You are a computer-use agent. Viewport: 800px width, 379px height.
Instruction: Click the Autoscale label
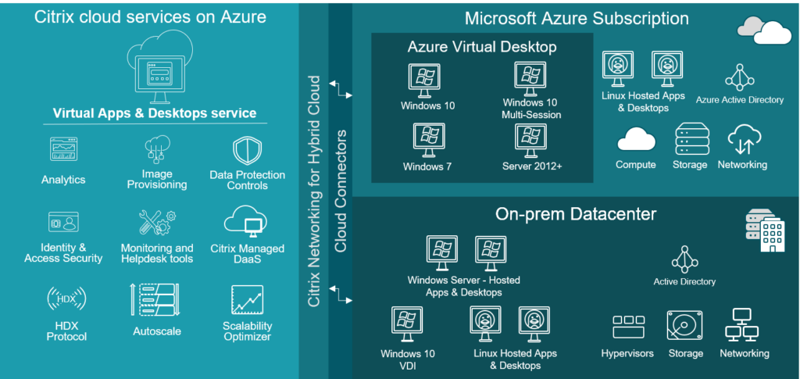coord(156,331)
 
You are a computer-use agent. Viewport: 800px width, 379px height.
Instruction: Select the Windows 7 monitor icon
coord(428,138)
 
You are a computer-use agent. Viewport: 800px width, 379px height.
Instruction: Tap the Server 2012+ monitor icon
coord(531,138)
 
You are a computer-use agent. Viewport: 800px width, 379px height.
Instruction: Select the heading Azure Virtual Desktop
coord(482,47)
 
